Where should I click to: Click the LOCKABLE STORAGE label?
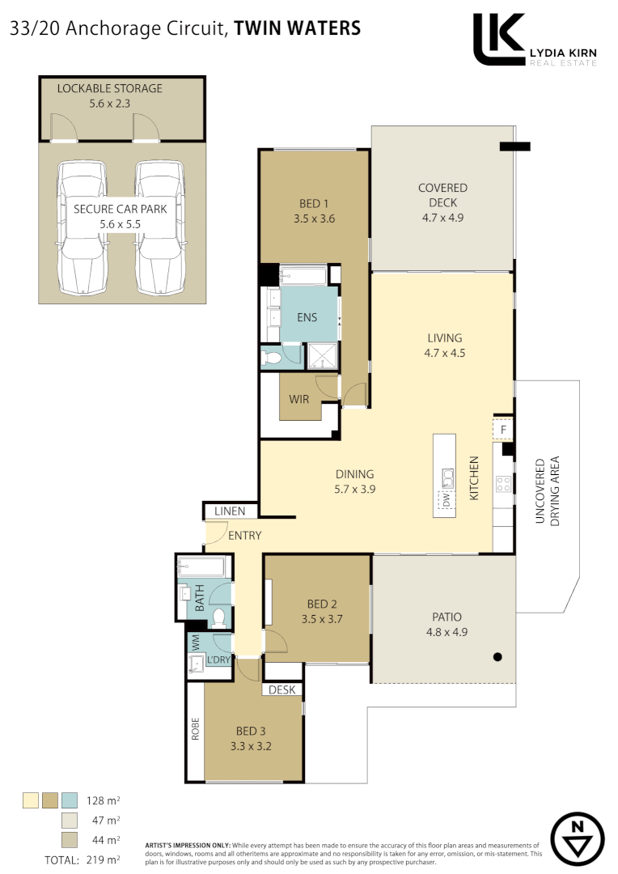click(109, 88)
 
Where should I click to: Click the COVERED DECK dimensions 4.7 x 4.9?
click(442, 218)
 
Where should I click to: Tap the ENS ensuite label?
click(307, 317)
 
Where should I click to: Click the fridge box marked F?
click(503, 429)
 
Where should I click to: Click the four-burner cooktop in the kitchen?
click(503, 484)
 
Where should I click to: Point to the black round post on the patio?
click(498, 656)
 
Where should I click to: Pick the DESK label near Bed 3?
click(282, 690)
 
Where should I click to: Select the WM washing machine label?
click(194, 643)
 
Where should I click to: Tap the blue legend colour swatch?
click(69, 801)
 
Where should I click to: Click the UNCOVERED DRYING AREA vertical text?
click(548, 491)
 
